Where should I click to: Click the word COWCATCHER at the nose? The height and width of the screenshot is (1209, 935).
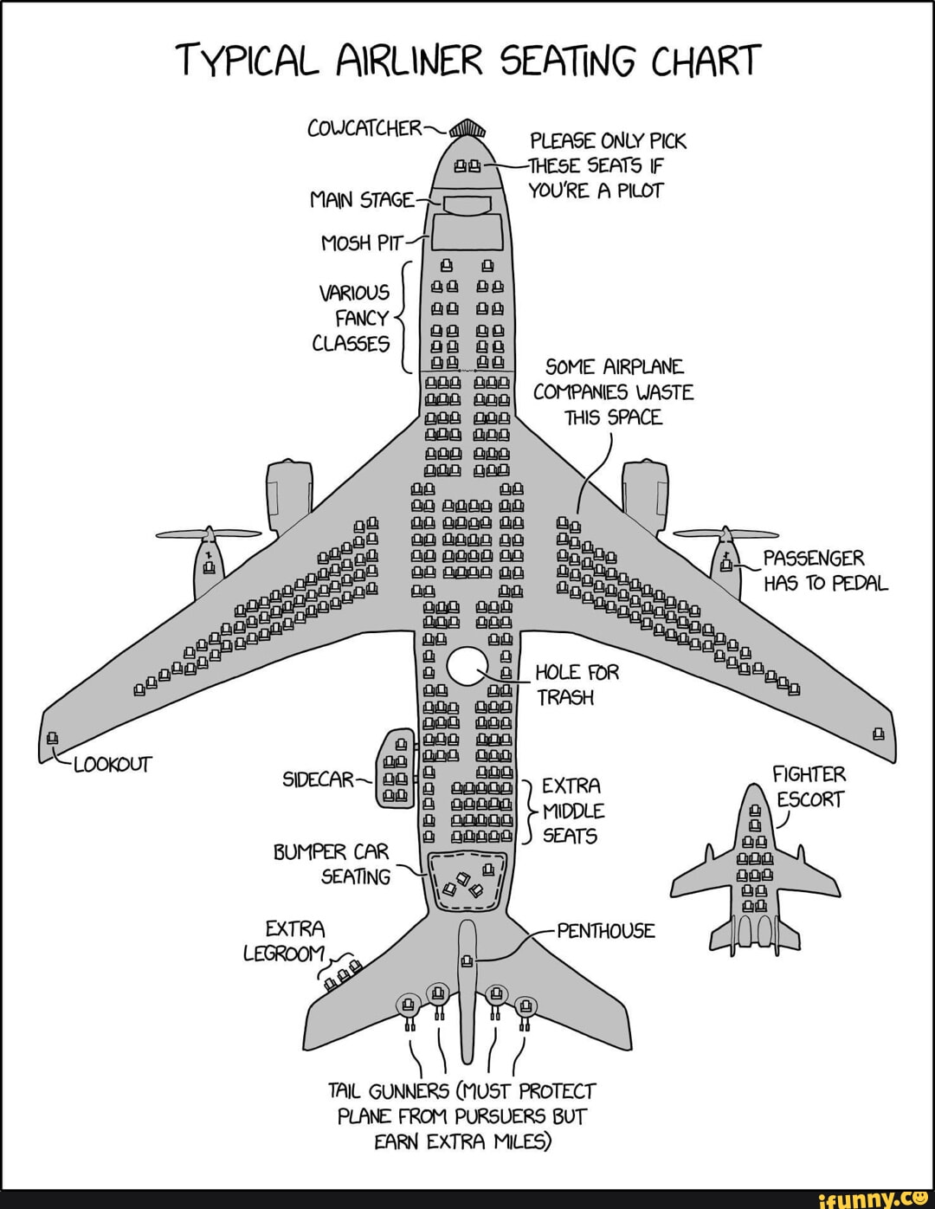364,129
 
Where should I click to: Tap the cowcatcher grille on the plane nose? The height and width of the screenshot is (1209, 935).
468,128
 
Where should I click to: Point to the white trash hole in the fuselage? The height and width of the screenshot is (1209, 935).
468,665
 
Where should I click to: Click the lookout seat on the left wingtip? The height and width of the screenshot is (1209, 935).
52,739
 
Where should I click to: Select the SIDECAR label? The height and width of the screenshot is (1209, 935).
318,779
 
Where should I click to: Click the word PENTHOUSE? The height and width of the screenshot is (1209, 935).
606,931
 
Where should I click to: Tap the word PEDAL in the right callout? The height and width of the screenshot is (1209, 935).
860,583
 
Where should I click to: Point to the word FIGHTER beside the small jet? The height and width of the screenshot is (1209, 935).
809,774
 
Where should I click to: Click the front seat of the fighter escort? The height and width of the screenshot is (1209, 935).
753,811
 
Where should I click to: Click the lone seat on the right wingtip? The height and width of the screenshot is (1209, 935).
879,735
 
